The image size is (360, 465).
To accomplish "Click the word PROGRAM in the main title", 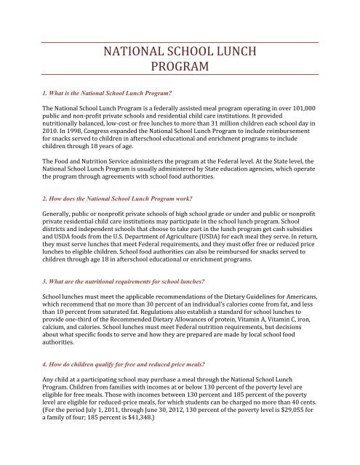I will coord(180,68).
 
